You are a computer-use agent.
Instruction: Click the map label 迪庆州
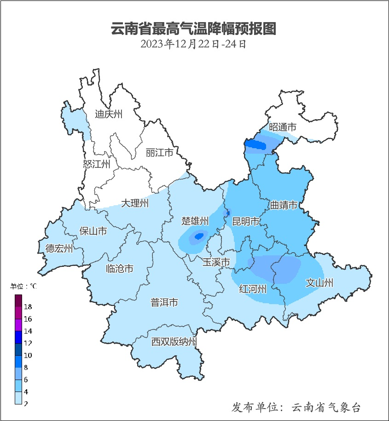click(109, 114)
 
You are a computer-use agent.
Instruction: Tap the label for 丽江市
click(159, 152)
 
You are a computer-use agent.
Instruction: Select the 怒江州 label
click(97, 164)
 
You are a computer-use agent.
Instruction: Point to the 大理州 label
click(135, 203)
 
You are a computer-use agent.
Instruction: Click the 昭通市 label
click(282, 127)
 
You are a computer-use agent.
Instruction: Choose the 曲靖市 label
click(283, 205)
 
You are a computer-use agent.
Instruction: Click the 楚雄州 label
click(195, 221)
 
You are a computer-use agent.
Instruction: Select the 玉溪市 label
click(216, 262)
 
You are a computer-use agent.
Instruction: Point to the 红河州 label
click(253, 289)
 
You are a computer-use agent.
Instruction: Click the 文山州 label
click(319, 283)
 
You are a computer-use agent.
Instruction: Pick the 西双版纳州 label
click(174, 342)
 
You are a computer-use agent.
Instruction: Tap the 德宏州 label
click(59, 249)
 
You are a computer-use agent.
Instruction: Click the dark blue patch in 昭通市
click(255, 145)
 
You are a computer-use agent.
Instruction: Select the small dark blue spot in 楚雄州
click(199, 236)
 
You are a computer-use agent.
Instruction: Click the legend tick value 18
click(28, 306)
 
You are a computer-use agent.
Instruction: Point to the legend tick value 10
click(28, 355)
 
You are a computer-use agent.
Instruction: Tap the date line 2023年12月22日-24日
click(194, 44)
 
